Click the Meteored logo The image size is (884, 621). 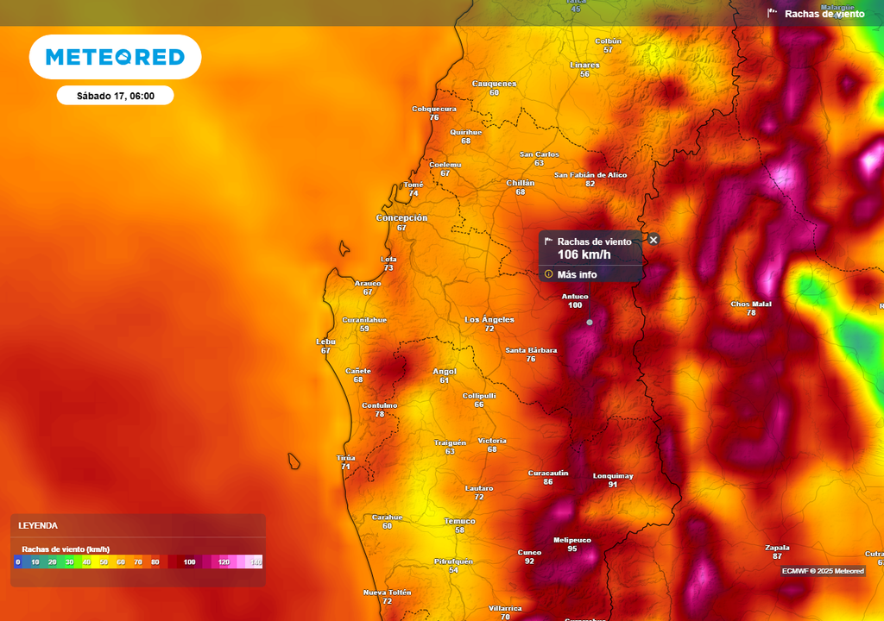pyautogui.click(x=115, y=57)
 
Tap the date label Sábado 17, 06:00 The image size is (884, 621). pyautogui.click(x=115, y=96)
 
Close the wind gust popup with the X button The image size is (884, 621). pyautogui.click(x=654, y=240)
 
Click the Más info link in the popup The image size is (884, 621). pyautogui.click(x=577, y=274)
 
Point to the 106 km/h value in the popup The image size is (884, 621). pyautogui.click(x=584, y=254)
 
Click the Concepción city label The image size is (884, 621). pyautogui.click(x=401, y=218)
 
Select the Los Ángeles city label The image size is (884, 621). pyautogui.click(x=489, y=320)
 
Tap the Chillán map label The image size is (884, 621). pyautogui.click(x=520, y=183)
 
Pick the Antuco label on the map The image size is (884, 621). pyautogui.click(x=575, y=297)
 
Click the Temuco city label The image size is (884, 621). pyautogui.click(x=459, y=521)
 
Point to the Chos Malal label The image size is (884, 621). pyautogui.click(x=751, y=304)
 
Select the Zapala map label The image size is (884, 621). pyautogui.click(x=777, y=547)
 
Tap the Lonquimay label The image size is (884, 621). pyautogui.click(x=613, y=476)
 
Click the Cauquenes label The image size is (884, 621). pyautogui.click(x=494, y=84)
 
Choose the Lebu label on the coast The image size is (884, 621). pyautogui.click(x=325, y=342)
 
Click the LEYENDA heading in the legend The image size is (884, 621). pyautogui.click(x=38, y=525)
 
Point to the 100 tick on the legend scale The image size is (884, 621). pyautogui.click(x=189, y=562)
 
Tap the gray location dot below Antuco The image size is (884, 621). pyautogui.click(x=590, y=322)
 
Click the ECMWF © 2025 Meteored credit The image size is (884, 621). pyautogui.click(x=823, y=571)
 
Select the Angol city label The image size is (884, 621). pyautogui.click(x=445, y=371)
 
